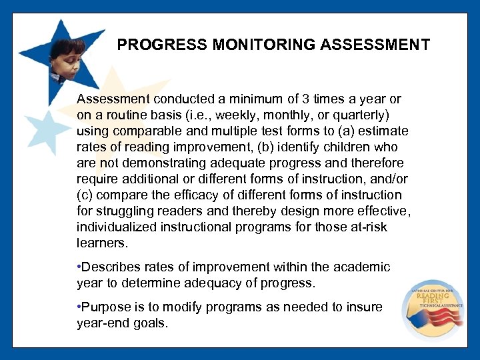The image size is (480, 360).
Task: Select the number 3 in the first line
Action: click(x=287, y=99)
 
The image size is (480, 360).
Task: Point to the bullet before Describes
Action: click(x=79, y=267)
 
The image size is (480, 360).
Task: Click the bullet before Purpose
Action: click(x=79, y=307)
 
